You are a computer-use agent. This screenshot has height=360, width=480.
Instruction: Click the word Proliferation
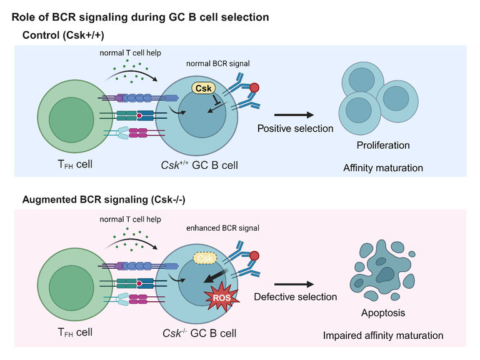(383, 146)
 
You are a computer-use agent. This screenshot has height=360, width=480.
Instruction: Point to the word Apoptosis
(383, 312)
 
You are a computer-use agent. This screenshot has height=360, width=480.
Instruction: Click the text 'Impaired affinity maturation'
(383, 336)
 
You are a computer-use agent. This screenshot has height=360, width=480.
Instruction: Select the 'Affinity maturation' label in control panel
(383, 167)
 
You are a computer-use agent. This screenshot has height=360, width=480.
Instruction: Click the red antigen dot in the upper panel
(255, 87)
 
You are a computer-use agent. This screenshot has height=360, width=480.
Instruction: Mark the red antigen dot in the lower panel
(255, 255)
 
